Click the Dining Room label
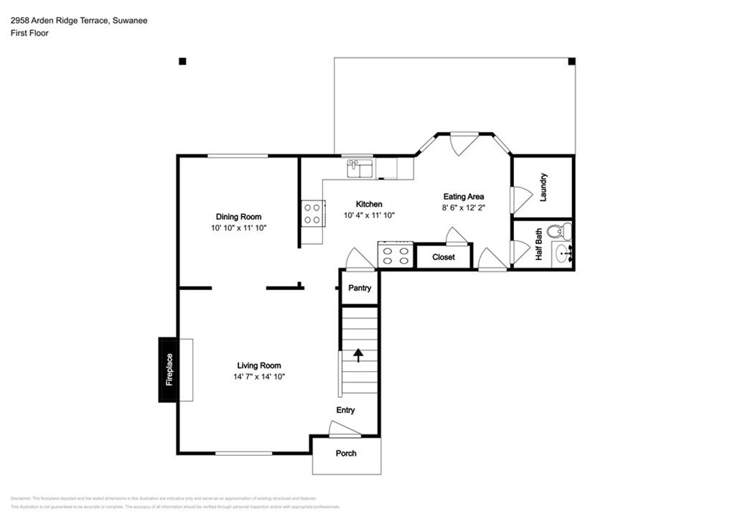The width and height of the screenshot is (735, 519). click(238, 217)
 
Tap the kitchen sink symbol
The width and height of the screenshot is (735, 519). click(360, 169)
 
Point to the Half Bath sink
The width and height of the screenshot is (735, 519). click(562, 253)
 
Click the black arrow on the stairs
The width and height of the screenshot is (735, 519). click(357, 354)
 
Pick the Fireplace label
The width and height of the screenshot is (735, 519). click(169, 370)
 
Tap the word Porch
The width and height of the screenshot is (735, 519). click(346, 453)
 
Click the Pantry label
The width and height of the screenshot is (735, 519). click(359, 289)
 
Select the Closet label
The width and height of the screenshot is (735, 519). click(443, 257)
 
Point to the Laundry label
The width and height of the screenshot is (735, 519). click(543, 187)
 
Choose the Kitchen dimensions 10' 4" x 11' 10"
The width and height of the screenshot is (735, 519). click(369, 215)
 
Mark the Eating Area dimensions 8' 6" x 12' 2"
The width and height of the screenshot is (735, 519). click(463, 207)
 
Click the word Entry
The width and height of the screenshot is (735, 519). click(346, 411)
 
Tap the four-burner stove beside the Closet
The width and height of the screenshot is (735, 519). click(395, 256)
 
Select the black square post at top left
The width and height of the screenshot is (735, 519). click(182, 62)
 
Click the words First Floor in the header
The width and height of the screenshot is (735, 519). click(29, 33)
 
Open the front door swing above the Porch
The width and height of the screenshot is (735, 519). click(343, 429)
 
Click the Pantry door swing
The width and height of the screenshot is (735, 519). click(359, 260)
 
